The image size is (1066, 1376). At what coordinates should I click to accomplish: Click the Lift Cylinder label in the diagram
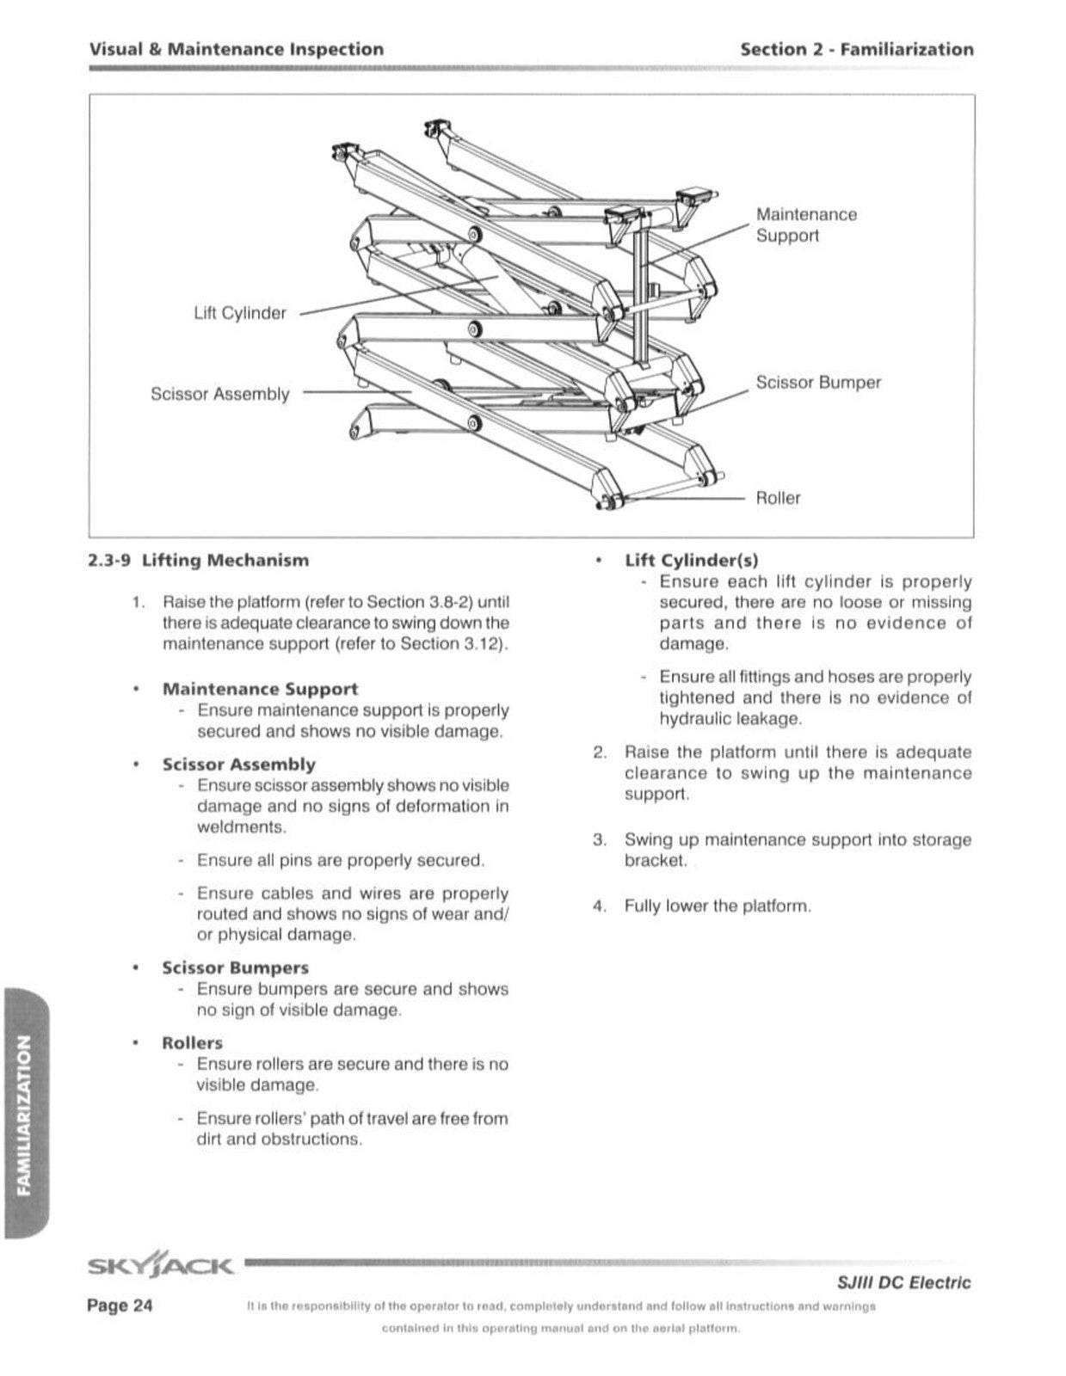240,313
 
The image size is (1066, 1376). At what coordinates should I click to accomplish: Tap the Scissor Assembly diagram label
219,394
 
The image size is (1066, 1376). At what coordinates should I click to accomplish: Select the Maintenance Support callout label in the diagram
806,224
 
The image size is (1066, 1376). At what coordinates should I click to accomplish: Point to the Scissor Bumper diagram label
818,382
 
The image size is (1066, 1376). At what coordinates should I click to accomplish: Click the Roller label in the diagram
778,498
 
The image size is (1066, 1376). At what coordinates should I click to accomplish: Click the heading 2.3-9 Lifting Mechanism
199,561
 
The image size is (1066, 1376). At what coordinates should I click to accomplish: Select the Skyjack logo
160,1265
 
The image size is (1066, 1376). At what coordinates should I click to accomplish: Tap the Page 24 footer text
120,1305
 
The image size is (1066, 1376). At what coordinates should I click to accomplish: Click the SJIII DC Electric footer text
903,1282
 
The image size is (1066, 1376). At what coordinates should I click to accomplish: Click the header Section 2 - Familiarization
857,49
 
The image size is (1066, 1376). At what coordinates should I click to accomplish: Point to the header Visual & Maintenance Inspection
237,49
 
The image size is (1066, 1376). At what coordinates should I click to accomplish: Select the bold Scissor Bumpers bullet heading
235,967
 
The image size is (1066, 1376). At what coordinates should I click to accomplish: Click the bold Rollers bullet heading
192,1042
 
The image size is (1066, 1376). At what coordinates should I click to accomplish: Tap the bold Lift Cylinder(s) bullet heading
692,561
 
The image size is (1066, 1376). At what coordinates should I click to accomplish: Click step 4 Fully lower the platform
718,906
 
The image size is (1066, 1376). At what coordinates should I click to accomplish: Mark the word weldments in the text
241,827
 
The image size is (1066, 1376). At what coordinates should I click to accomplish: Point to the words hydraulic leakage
730,719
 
